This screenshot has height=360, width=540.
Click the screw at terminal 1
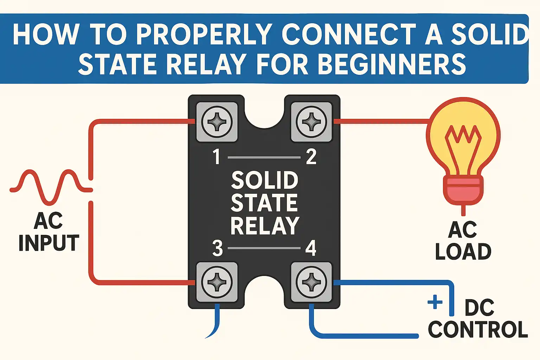coord(217,122)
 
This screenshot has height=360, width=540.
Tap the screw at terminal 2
coord(311,122)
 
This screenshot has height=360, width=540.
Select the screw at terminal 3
coord(217,282)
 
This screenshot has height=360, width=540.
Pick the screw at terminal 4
coord(311,282)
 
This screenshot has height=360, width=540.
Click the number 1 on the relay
coord(217,157)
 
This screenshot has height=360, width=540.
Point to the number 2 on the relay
coord(311,157)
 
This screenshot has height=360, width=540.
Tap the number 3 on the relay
coord(218,248)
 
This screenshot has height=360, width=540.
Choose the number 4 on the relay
coord(311,248)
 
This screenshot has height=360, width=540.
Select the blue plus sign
coord(435,302)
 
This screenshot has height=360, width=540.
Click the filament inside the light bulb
coord(463,149)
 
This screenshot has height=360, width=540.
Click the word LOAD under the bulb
coord(463,251)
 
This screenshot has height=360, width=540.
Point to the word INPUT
coord(49,243)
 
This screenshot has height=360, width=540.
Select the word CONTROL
coord(478,330)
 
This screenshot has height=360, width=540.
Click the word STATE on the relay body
coord(264,203)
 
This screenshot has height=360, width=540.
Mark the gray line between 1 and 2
coord(264,157)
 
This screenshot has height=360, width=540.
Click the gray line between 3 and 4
coord(264,248)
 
